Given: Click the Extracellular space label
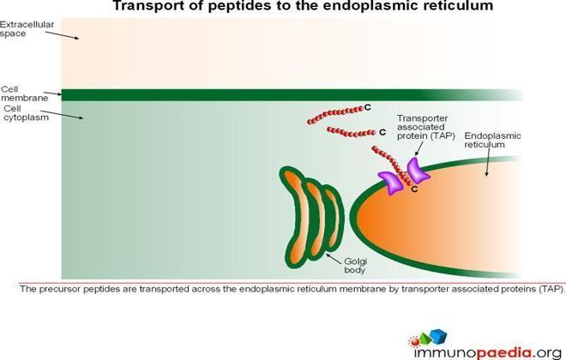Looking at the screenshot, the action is click(27, 29).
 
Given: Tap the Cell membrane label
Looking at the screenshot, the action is click(24, 93).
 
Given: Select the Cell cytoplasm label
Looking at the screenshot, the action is click(26, 113).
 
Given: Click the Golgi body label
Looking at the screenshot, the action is click(355, 266).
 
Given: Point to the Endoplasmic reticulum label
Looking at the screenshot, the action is click(492, 140).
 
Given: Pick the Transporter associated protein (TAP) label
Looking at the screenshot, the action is click(426, 127).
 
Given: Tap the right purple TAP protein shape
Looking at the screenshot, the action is click(418, 171).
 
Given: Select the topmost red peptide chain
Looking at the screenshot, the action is click(335, 114).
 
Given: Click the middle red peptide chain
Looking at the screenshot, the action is click(351, 132).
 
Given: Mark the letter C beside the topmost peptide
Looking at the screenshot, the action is click(367, 107).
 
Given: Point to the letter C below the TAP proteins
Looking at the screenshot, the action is click(414, 189).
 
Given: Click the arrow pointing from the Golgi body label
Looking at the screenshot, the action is click(334, 259).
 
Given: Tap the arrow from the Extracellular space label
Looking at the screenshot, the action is click(62, 35).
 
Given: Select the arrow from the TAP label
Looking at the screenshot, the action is click(419, 148).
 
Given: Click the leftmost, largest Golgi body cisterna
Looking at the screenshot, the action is click(295, 218).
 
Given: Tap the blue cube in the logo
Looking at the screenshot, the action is click(438, 336).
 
